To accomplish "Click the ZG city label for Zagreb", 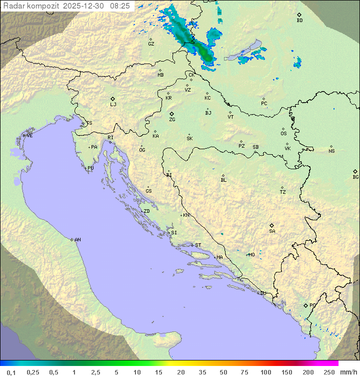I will point(172,120).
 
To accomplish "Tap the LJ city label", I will point(113,105).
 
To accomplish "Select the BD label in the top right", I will point(299,21).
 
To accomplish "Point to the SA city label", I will point(272,231).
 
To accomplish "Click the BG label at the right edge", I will point(355,177).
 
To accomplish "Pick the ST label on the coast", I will point(198,245).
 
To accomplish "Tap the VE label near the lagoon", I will point(29,136).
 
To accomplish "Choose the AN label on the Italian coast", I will point(77,240).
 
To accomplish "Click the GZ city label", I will point(151,44).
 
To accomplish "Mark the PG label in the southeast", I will point(312,305).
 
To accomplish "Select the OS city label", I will point(283,134).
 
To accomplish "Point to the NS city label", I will point(331,151).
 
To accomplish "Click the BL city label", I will point(223,180).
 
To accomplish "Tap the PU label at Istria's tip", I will point(90,168).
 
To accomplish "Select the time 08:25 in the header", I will point(120,6).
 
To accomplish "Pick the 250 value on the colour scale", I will point(329,372).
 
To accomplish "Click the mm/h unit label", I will point(348,372).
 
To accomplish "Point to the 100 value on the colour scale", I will point(265,372).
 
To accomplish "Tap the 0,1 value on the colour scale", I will point(11,372).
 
